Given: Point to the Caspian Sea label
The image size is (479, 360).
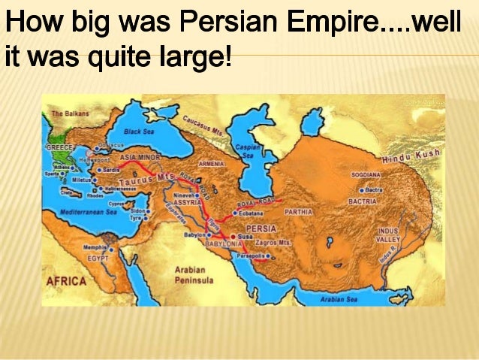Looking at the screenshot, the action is pyautogui.click(x=249, y=151).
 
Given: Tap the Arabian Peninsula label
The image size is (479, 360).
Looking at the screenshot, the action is pyautogui.click(x=194, y=275).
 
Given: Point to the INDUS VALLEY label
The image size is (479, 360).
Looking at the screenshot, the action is pyautogui.click(x=388, y=234).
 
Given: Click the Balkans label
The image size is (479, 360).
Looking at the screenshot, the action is pyautogui.click(x=71, y=114).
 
